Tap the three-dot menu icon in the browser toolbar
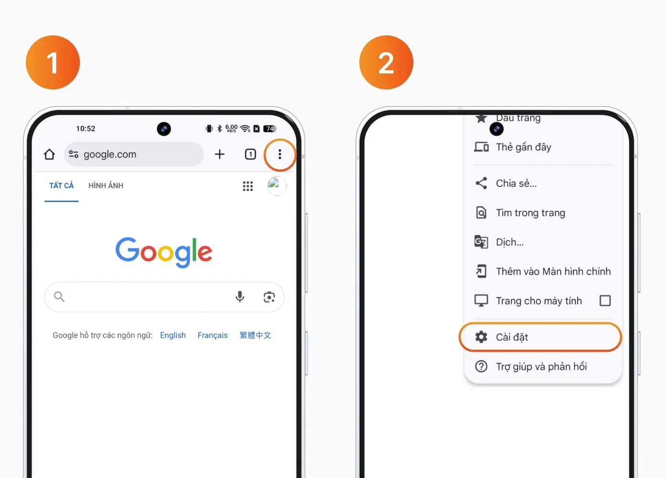[279, 154]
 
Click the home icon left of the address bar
[49, 154]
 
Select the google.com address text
[110, 154]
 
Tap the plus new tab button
[219, 154]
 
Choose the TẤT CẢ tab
[61, 185]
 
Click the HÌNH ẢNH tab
[106, 185]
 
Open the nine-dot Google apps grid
[247, 186]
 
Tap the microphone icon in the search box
[240, 296]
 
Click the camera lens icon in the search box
[269, 297]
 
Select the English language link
[173, 335]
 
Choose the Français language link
[213, 335]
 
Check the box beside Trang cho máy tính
[605, 301]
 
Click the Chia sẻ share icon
[481, 183]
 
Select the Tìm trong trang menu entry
[530, 213]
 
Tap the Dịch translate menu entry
[510, 242]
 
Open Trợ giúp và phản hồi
[541, 367]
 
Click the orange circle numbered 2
[386, 62]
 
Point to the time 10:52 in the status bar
[86, 129]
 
